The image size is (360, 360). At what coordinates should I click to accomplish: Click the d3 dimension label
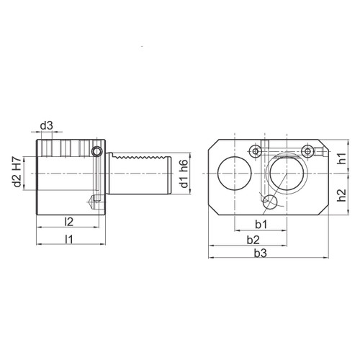coord(47,126)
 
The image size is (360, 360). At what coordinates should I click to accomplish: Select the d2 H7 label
coord(17,174)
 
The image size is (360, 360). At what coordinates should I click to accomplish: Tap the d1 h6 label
coord(184,174)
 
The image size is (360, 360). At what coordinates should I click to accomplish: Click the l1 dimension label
coord(69,238)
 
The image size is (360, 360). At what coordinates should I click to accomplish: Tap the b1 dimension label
coord(261,224)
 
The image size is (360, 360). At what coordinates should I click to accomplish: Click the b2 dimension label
coord(253,238)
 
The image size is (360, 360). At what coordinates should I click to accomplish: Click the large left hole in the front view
coord(231,174)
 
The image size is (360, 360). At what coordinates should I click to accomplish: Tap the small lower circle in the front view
coord(268,201)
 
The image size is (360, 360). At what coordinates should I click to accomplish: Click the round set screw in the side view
coord(96,152)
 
